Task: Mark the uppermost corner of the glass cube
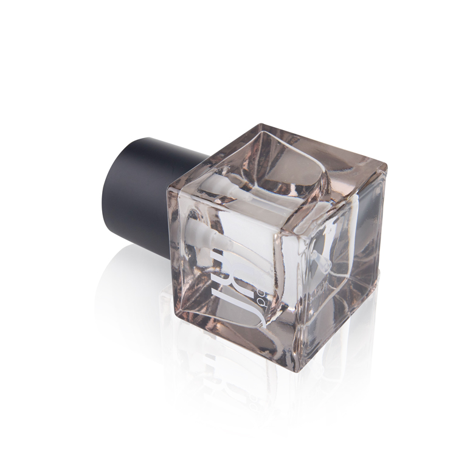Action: (x=261, y=126)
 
